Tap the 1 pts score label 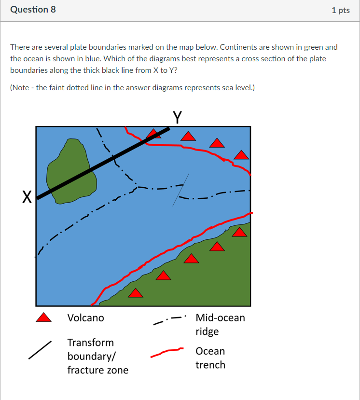click(340, 10)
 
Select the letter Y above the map click(177, 117)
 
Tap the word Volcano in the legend click(85, 318)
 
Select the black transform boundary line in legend click(40, 350)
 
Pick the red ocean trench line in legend click(167, 353)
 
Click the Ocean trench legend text click(210, 358)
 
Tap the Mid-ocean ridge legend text click(220, 324)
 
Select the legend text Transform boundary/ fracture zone click(97, 356)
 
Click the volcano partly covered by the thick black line click(153, 134)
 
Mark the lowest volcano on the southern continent click(136, 293)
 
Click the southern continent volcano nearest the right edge click(239, 233)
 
